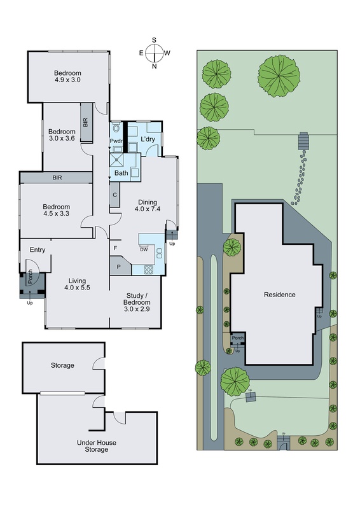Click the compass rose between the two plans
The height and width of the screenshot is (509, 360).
tap(154, 53)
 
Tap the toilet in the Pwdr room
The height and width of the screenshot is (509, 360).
tap(116, 127)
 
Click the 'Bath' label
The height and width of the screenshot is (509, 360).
tap(121, 172)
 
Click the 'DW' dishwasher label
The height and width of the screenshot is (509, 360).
tap(144, 249)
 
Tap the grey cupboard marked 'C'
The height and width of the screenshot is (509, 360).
tap(114, 195)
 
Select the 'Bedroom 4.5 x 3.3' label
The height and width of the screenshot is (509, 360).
tap(55, 211)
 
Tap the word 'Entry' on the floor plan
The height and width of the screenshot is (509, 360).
tap(38, 249)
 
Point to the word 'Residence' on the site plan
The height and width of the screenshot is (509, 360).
tap(279, 295)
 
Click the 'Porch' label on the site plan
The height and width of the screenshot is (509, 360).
tap(238, 338)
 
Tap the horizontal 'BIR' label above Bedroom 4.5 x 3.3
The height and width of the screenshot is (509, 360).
tap(57, 178)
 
